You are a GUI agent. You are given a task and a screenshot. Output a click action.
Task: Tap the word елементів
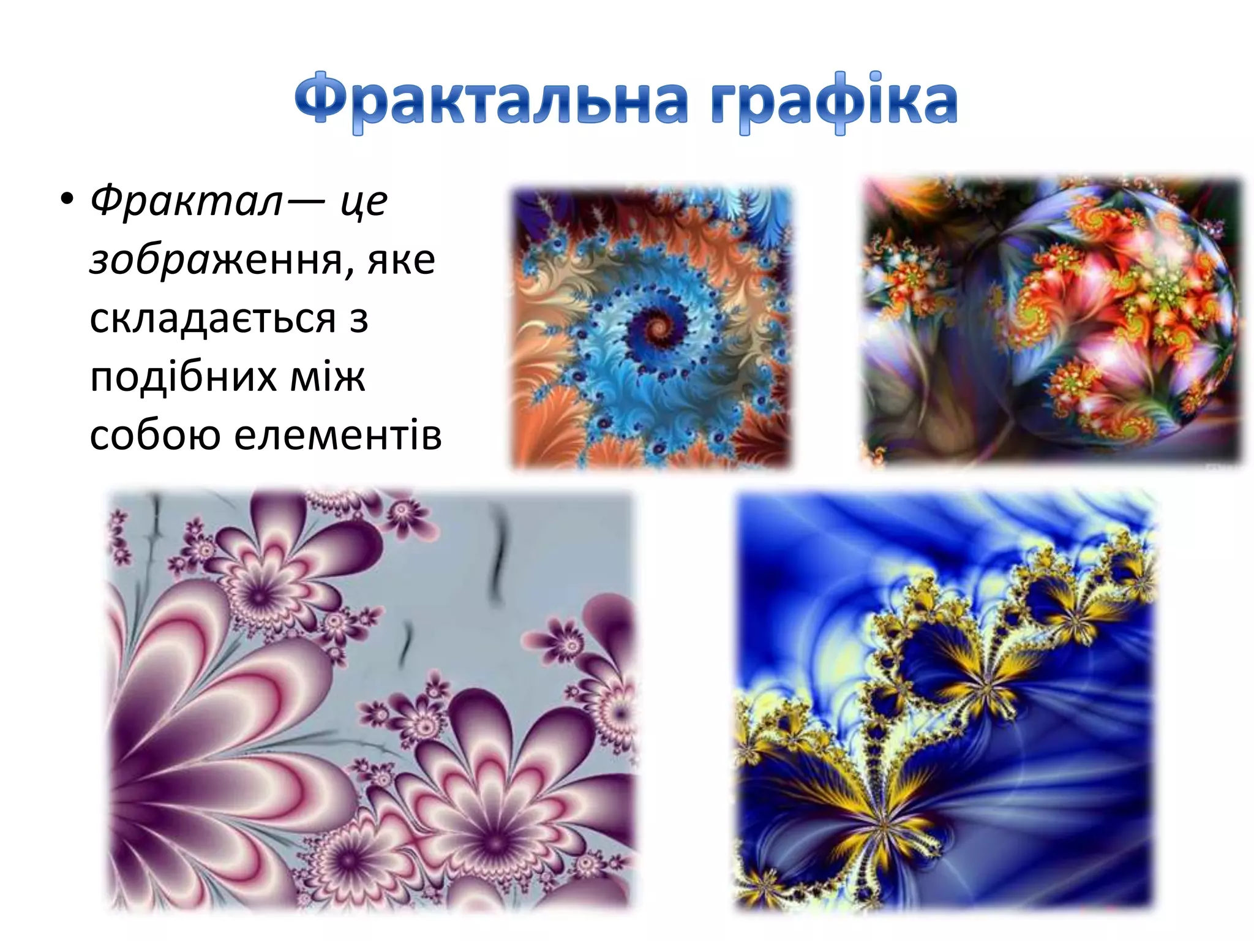tap(337, 434)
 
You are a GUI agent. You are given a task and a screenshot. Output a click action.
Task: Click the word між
tap(327, 376)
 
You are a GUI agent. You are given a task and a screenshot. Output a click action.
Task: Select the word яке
tap(401, 260)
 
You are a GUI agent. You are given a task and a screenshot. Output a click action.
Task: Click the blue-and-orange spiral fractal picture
tap(651, 327)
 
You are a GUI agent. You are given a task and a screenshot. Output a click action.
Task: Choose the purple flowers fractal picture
tap(370, 701)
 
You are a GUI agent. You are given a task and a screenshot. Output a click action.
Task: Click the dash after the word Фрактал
tap(305, 201)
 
